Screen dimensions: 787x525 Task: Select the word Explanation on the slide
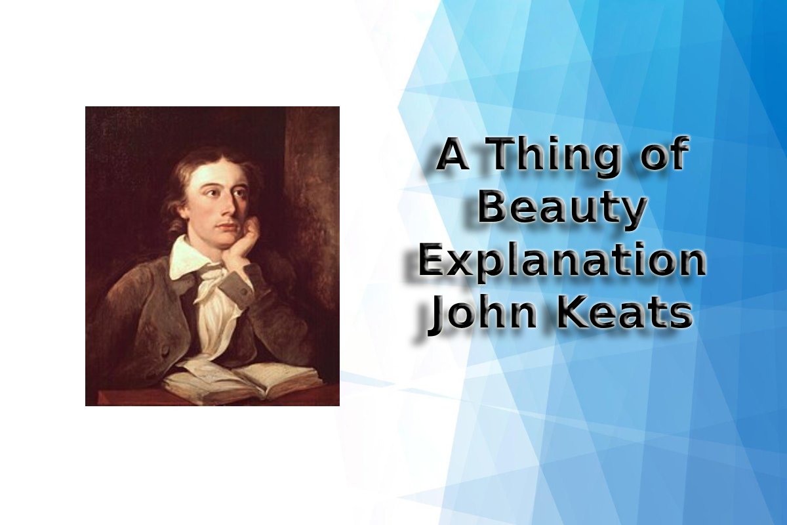561,262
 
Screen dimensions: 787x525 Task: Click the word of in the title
663,154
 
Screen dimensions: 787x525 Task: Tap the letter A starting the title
453,156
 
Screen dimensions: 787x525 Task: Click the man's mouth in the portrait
228,226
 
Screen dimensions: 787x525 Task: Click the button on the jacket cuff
244,291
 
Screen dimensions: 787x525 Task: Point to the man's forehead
221,175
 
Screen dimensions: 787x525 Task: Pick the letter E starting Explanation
432,261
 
